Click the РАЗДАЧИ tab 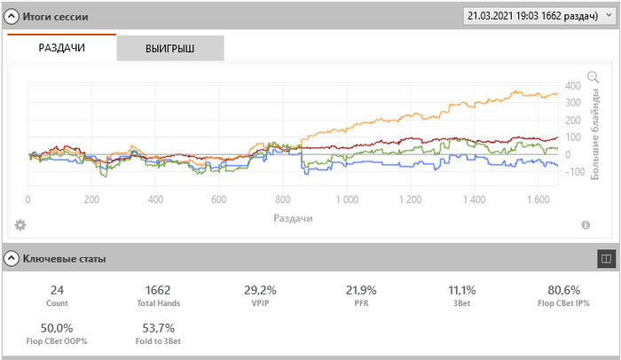pos(62,48)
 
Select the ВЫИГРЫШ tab pos(169,49)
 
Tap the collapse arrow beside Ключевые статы pos(12,259)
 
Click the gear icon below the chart pos(20,225)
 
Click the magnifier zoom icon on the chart pos(593,77)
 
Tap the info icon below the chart pos(586,225)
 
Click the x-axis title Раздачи pos(293,216)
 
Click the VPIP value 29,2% pos(260,290)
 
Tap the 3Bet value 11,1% pos(461,290)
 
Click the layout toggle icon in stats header pos(606,259)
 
